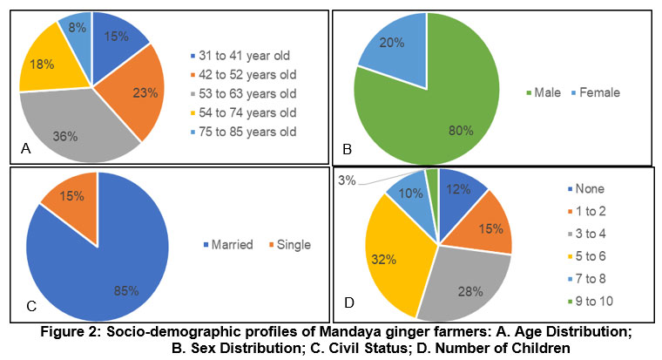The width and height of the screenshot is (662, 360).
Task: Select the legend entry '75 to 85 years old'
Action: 241,131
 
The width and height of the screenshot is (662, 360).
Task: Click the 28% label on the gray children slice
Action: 471,290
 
